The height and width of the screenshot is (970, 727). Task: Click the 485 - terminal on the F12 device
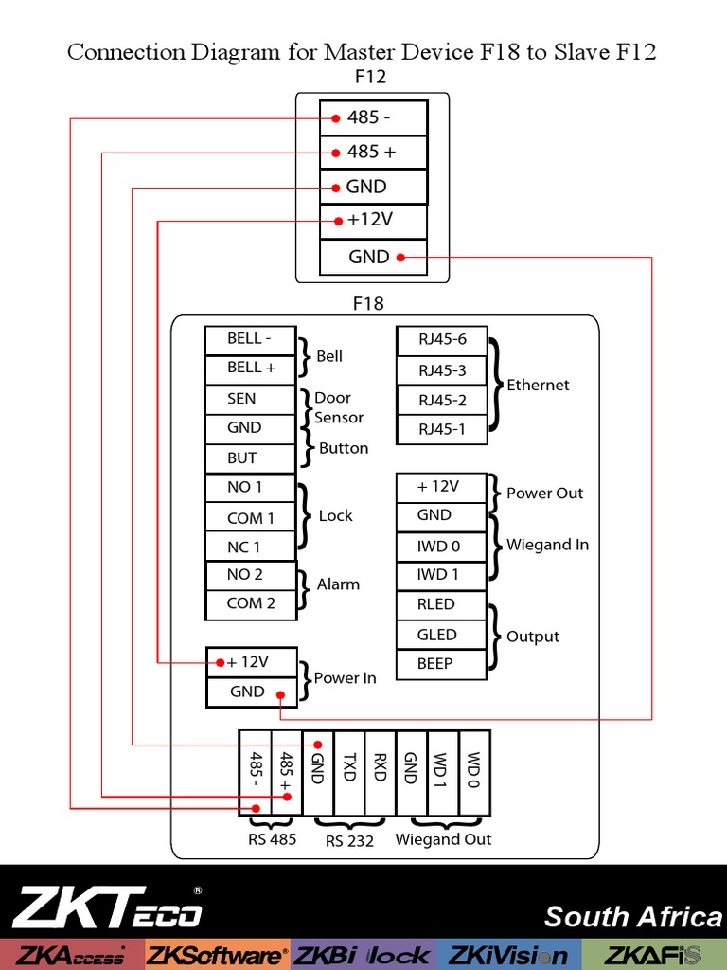click(x=373, y=118)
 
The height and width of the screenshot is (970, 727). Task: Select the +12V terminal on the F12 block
click(x=373, y=221)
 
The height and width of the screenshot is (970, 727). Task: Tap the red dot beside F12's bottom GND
click(x=400, y=257)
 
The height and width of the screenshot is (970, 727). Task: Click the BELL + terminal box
click(x=251, y=368)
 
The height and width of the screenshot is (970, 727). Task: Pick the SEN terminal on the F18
click(x=251, y=399)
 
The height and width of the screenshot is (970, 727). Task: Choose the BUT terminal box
click(x=251, y=458)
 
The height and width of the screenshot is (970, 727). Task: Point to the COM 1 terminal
click(x=251, y=518)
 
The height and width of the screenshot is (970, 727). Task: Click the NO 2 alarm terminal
click(x=251, y=574)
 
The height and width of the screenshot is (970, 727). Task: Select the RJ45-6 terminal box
click(x=442, y=339)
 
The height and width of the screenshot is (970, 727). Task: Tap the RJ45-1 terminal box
click(x=442, y=429)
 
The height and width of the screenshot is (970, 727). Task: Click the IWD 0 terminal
click(x=442, y=546)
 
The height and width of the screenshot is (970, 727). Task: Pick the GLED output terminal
click(x=442, y=635)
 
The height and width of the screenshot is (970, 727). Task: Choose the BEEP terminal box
click(x=442, y=664)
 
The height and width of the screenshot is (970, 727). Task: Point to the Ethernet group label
click(x=538, y=385)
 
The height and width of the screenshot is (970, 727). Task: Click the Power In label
click(x=345, y=678)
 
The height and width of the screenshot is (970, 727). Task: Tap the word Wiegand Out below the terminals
click(x=443, y=839)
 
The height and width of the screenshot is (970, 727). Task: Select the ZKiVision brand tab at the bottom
click(x=507, y=955)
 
